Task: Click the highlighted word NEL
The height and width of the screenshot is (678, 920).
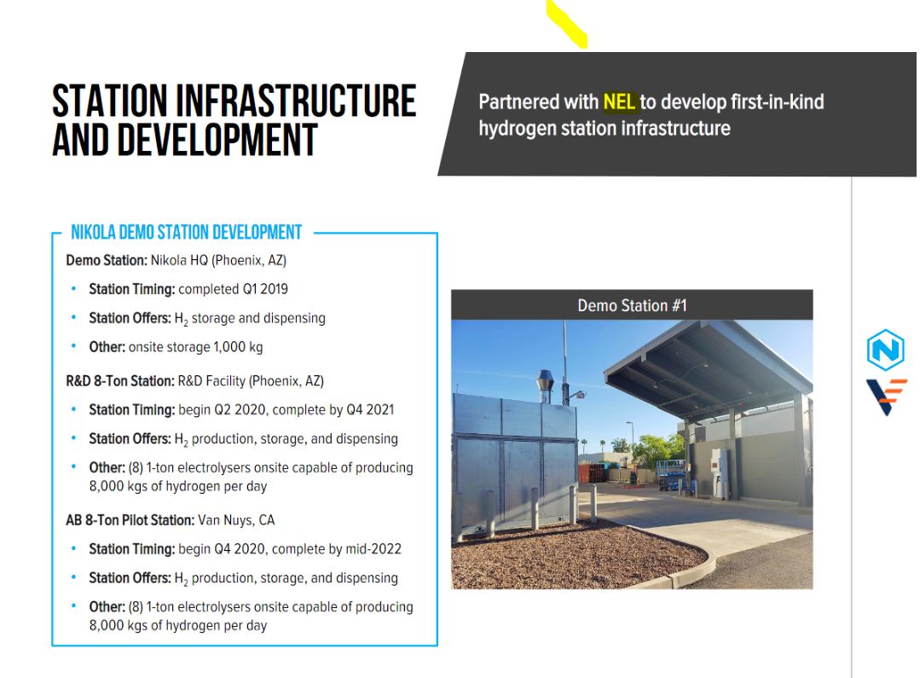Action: (619, 102)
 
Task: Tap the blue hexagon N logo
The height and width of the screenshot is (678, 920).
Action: (885, 350)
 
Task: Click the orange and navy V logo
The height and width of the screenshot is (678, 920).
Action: (887, 397)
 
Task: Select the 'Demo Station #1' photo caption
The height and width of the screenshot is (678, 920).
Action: (632, 305)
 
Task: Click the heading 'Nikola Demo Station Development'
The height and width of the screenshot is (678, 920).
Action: (186, 233)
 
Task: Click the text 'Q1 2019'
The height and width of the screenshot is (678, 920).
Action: (265, 289)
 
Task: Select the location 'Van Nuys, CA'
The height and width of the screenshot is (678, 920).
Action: (236, 520)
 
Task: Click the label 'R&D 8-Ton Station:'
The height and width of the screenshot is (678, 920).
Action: (119, 381)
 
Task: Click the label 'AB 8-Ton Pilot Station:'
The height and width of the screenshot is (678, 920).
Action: (130, 520)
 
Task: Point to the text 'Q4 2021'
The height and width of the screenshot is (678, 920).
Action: (370, 409)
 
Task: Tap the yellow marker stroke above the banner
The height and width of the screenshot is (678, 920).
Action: (567, 24)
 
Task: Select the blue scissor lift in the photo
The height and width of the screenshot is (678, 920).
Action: (672, 475)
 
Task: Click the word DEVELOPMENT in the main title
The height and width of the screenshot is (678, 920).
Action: (185, 141)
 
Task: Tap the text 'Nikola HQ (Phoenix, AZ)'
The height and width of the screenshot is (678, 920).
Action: (218, 260)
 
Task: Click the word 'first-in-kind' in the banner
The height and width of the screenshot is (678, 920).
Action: (778, 102)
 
